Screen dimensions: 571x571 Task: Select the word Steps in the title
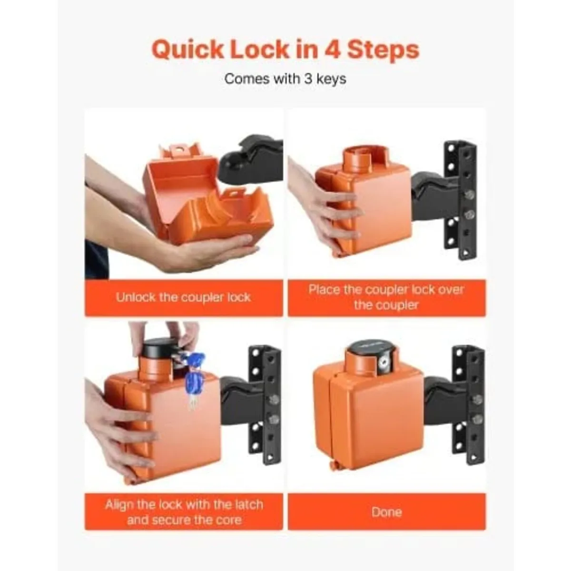click(383, 50)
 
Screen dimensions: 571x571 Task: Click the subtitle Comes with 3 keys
click(285, 79)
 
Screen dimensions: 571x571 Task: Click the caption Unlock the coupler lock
click(184, 297)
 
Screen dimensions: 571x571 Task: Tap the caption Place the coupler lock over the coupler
click(386, 297)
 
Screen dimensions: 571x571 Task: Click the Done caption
click(386, 512)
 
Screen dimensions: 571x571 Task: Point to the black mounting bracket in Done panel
click(469, 404)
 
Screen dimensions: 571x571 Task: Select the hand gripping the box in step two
click(324, 209)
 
